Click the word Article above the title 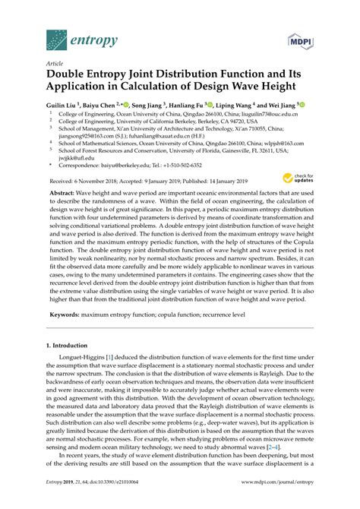[55, 63]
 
